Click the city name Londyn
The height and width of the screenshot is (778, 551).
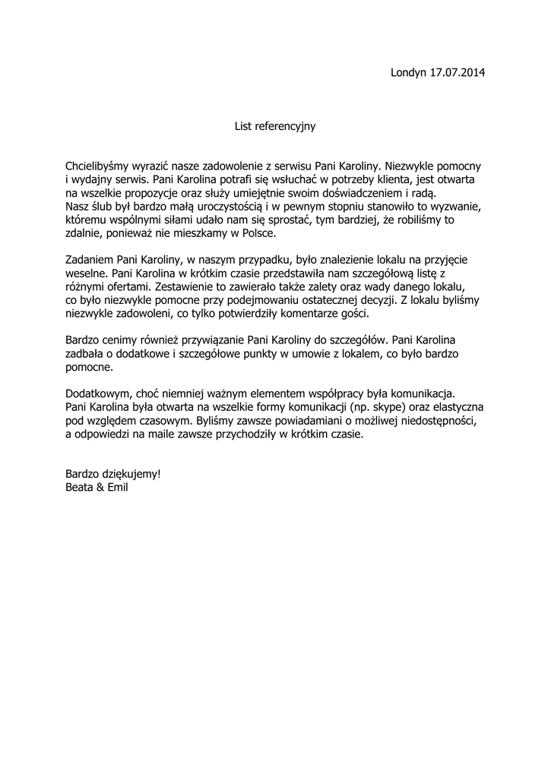pyautogui.click(x=408, y=73)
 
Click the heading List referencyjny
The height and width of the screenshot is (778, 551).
pyautogui.click(x=274, y=126)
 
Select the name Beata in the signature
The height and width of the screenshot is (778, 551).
pyautogui.click(x=80, y=487)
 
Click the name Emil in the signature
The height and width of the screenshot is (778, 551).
pyautogui.click(x=118, y=487)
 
